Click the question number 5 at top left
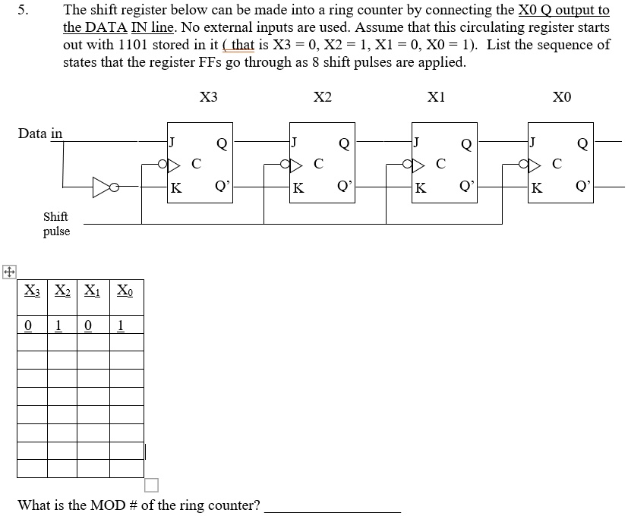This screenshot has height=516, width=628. [x=23, y=11]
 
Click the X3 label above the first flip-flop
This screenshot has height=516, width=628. [x=208, y=97]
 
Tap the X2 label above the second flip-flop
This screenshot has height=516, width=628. [x=323, y=97]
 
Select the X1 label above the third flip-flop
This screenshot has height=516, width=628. [x=437, y=97]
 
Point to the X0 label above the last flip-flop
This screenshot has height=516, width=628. [x=562, y=97]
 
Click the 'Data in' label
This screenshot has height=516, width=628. [x=40, y=134]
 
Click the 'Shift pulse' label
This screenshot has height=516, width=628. [x=55, y=224]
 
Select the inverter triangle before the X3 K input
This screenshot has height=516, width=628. [x=102, y=186]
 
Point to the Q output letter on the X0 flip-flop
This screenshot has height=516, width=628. [x=582, y=143]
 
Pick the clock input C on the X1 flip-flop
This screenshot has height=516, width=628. [x=440, y=163]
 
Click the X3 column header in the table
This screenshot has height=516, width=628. [x=31, y=289]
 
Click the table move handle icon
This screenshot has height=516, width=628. [x=8, y=272]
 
